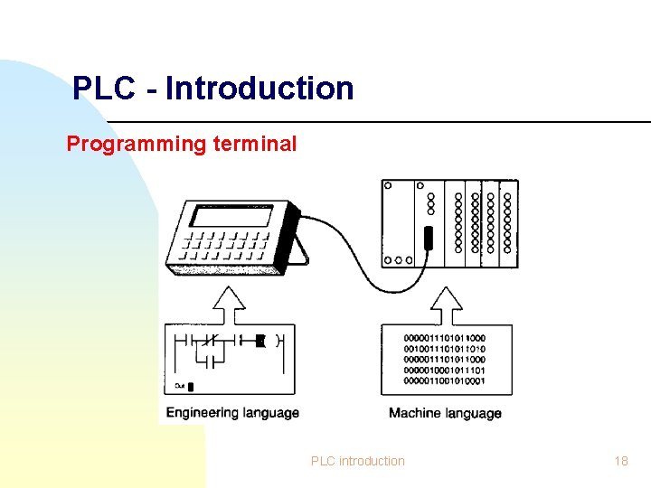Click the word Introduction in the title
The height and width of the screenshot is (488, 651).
coord(259,89)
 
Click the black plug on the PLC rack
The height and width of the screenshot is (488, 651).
coord(429,238)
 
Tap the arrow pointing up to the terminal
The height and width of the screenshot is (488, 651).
coord(233,304)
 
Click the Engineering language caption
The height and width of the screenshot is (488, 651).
coord(232,413)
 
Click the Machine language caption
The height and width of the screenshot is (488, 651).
coord(445,413)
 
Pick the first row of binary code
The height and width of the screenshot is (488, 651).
coord(446,338)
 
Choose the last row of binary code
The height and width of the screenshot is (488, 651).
coord(446,380)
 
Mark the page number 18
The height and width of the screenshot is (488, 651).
coord(620,461)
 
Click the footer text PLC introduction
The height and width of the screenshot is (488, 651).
coord(358,461)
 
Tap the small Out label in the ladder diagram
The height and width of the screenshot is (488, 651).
coord(181,385)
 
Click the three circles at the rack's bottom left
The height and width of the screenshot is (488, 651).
coord(398,259)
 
